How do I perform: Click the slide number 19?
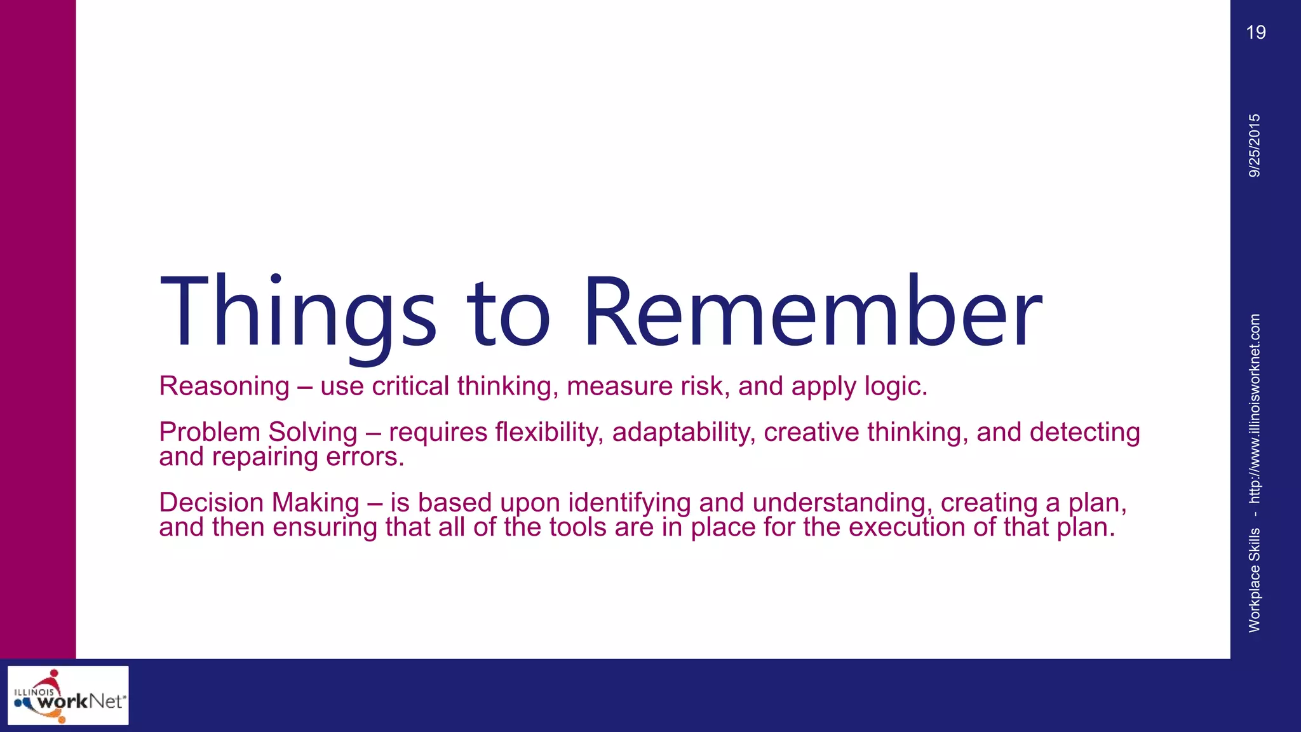click(x=1255, y=32)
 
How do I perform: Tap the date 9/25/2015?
click(x=1255, y=146)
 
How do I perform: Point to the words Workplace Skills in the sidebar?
click(x=1255, y=579)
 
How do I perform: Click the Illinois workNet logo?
click(x=68, y=695)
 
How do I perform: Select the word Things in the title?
click(x=298, y=311)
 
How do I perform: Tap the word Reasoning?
click(x=224, y=386)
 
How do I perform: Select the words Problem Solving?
click(x=258, y=432)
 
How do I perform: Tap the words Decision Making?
click(x=259, y=503)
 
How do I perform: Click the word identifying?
click(x=629, y=503)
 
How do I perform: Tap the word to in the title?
click(x=508, y=311)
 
